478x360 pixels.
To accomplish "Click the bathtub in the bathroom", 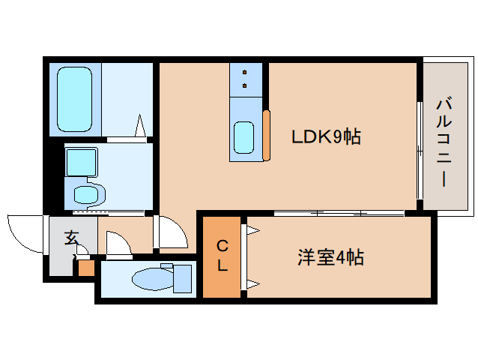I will pos(74,100).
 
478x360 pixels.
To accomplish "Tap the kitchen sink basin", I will pos(243,137).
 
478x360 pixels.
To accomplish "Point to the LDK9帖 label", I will pos(326,136).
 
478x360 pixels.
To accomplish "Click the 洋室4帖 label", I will pos(330,258).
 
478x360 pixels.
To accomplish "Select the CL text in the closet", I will pos(223,255).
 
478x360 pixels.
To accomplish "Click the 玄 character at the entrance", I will pos(71,238).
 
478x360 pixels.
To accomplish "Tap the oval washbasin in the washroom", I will pos(87,194).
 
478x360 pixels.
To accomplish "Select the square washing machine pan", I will pos(81,160).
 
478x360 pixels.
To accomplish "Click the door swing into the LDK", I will pos(169,233).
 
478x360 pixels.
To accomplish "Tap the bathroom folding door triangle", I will pos(140,126).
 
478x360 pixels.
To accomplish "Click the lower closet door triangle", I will pos(252,283).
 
